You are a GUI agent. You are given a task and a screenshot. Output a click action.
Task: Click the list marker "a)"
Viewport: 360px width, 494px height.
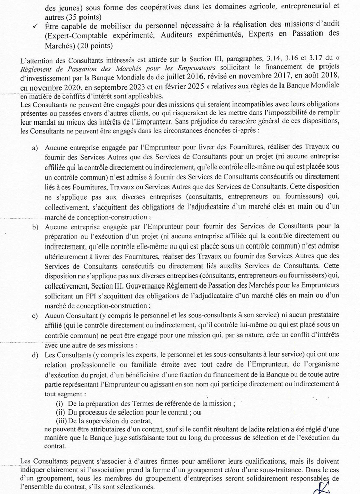click(35, 148)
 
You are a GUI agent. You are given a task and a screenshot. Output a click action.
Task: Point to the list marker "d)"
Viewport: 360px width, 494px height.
click(35, 354)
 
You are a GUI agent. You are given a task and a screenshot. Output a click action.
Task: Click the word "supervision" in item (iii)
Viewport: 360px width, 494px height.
click(97, 421)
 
